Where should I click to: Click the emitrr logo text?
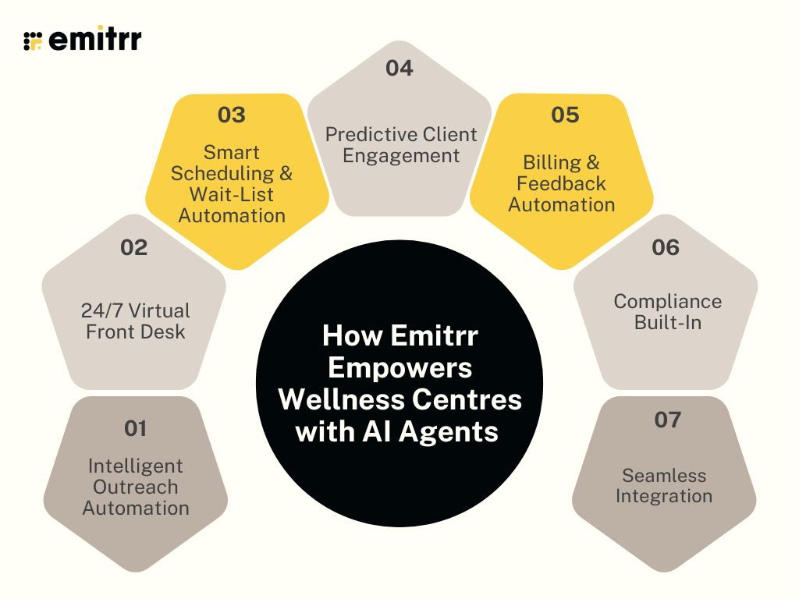tap(94, 40)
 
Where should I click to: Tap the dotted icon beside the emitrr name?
tap(32, 41)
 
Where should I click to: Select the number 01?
tap(135, 428)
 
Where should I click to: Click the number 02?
tap(134, 248)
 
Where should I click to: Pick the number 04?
tap(399, 68)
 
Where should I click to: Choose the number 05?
tap(565, 115)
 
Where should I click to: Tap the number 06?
tap(666, 248)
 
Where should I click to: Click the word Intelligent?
tap(136, 466)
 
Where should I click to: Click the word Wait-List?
tap(231, 194)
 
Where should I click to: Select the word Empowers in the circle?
tap(399, 367)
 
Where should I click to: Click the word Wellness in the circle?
tap(335, 399)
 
